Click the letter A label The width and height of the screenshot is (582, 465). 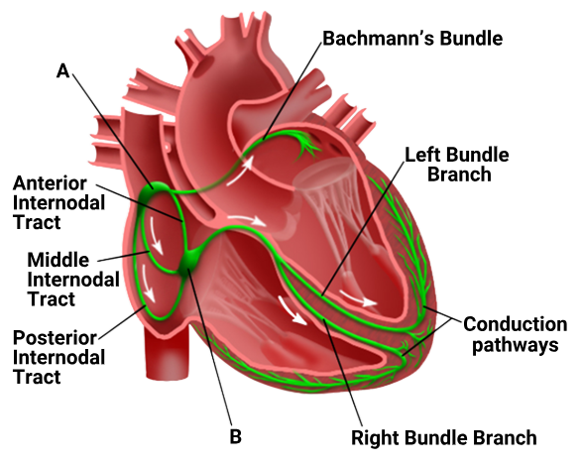click(63, 70)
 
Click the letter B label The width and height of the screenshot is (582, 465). click(236, 436)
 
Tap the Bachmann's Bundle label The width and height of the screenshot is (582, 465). click(412, 39)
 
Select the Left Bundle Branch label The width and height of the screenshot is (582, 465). click(457, 165)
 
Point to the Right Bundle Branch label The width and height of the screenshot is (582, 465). click(444, 438)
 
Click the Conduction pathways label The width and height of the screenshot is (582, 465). click(516, 335)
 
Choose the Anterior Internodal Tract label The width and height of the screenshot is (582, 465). click(58, 202)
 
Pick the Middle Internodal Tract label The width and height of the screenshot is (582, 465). click(73, 280)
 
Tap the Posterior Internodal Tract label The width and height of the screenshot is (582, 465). click(58, 357)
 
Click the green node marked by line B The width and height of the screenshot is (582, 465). click(189, 262)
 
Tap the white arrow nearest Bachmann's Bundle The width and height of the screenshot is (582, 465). click(240, 171)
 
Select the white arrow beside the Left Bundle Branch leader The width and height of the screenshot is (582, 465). click(358, 298)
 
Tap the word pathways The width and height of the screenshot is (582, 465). click(516, 346)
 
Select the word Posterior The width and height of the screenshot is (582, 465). click(55, 338)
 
